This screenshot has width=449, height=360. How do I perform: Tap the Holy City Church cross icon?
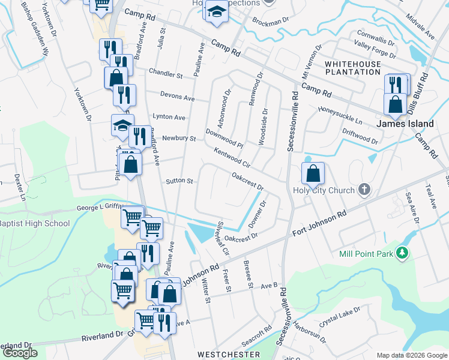point(363,190)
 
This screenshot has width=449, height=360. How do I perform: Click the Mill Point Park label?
point(366,254)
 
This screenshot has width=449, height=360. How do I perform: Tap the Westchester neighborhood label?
point(229,355)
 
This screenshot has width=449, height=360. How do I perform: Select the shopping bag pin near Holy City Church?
point(313,174)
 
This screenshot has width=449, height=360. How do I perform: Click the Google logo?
point(20,353)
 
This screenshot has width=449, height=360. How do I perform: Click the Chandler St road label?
point(166,74)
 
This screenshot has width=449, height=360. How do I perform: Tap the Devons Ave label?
point(177,97)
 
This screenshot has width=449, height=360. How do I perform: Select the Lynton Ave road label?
point(169,118)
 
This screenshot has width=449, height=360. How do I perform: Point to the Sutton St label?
point(179,181)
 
